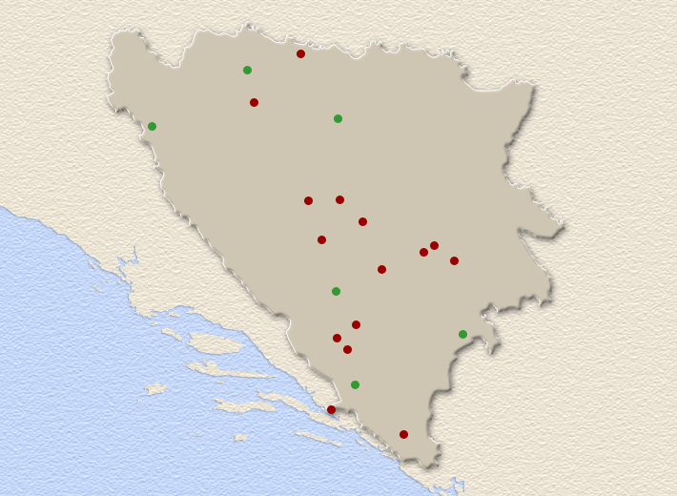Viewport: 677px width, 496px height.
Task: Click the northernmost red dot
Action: [300, 53]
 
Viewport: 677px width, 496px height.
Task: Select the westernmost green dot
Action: [152, 126]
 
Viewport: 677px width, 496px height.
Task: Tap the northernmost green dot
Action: [247, 70]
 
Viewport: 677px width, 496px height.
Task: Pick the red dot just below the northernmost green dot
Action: [254, 102]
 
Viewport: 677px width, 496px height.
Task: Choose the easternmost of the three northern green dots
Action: [338, 118]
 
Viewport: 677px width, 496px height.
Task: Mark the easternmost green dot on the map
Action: [462, 334]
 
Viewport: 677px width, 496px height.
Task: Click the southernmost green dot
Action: [355, 384]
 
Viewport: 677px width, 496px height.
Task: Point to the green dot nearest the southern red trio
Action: [336, 291]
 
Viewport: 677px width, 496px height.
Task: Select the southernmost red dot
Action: [403, 434]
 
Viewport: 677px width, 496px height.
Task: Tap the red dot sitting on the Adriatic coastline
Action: [331, 409]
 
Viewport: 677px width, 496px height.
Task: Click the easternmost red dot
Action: [454, 260]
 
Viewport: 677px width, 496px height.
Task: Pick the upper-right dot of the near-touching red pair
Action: [434, 245]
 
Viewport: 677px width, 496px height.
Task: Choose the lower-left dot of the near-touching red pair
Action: [423, 252]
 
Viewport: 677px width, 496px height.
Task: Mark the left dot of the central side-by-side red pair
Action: [308, 200]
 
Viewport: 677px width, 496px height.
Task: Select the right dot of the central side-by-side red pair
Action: [339, 199]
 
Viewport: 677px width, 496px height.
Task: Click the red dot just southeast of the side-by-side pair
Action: [362, 221]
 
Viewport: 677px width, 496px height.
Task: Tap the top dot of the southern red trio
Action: [356, 324]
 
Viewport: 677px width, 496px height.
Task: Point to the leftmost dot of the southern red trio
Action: [337, 338]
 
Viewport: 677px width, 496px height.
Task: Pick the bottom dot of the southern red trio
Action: [347, 349]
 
